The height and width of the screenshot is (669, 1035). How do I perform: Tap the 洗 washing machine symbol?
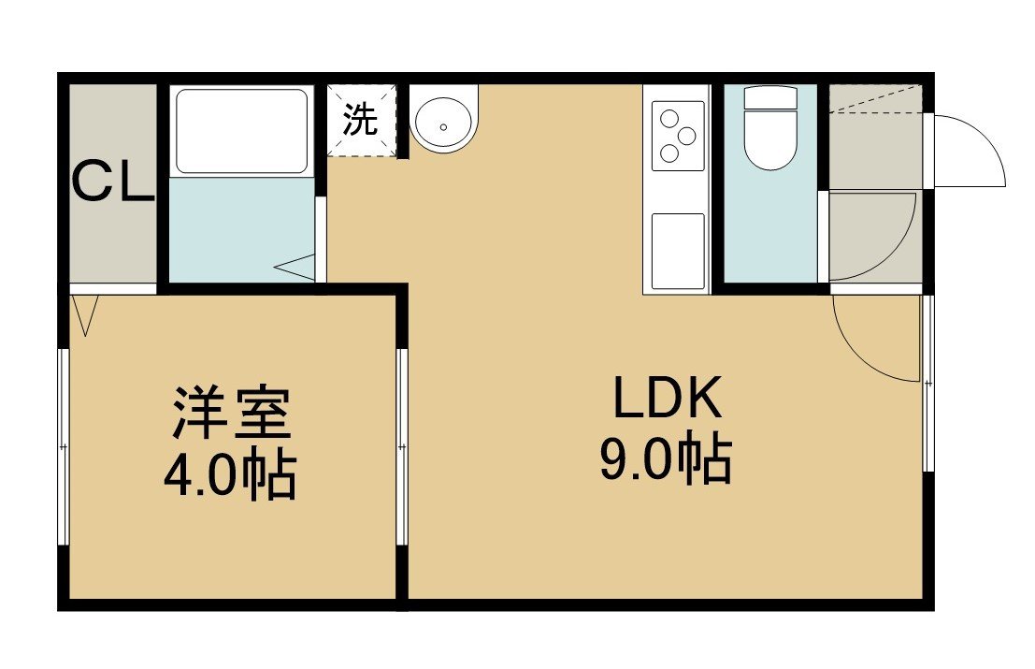pos(361,120)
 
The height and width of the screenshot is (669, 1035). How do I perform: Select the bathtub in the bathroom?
pos(241,131)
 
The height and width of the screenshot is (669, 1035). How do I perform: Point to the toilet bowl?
pos(770,139)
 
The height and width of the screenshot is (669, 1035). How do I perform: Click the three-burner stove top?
pos(678,136)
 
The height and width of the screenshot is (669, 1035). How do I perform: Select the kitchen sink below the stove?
pos(678,251)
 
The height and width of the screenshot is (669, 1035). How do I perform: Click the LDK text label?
pos(668,398)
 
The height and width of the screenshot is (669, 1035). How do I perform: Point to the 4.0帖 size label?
pos(230,475)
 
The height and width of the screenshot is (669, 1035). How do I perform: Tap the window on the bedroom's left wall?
pos(64,446)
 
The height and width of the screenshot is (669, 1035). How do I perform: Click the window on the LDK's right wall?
pos(928,383)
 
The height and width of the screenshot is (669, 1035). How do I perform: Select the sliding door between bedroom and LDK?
pos(402,446)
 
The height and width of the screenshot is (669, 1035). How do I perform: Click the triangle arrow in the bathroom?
pos(295,268)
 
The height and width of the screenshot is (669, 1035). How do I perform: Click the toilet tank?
pos(770,97)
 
